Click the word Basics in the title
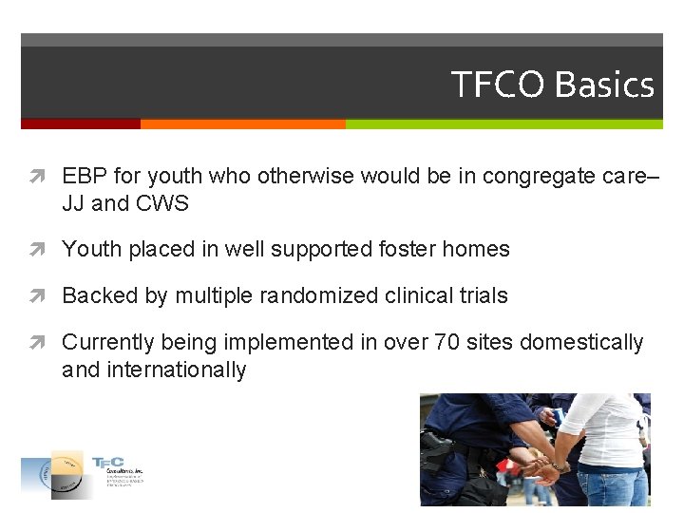click(604, 85)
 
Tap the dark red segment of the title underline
click(81, 123)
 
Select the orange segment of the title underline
click(242, 123)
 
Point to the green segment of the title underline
click(503, 123)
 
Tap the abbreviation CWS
click(161, 203)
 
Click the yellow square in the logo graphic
click(66, 463)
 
